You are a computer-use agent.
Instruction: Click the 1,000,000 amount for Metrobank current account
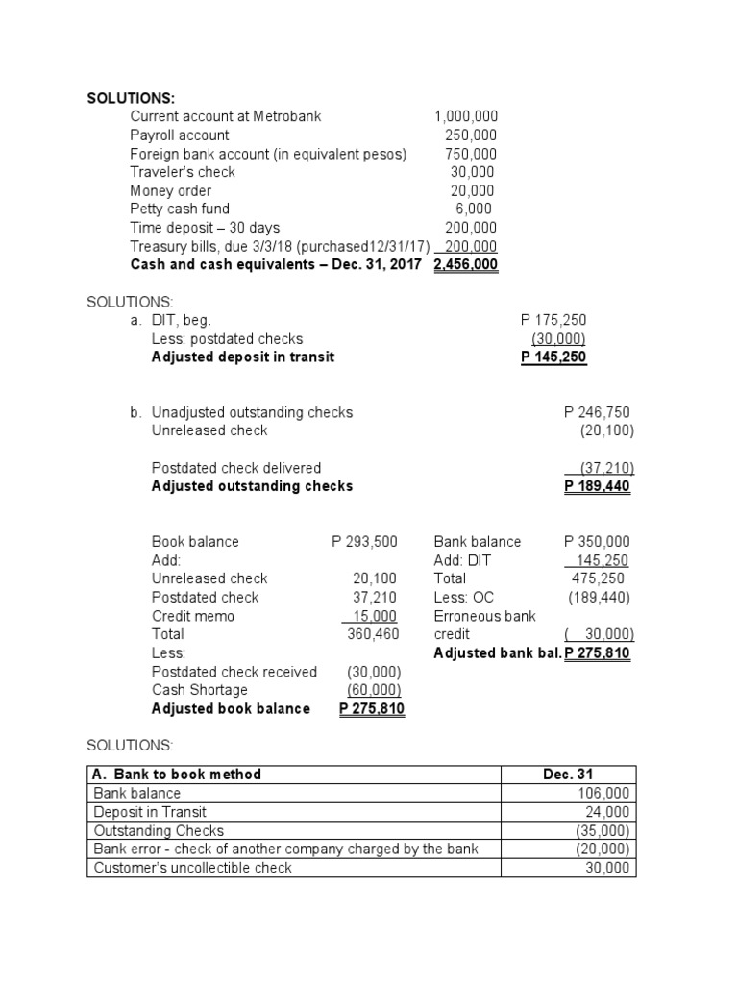pos(466,116)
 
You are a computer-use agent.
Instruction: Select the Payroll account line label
pos(180,135)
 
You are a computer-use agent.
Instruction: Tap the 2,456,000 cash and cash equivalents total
pos(466,264)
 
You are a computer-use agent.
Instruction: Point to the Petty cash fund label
pos(180,209)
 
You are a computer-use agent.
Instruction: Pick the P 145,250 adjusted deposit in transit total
pos(553,357)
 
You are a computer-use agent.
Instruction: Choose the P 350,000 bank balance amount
pos(600,542)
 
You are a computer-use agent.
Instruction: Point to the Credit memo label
pos(193,616)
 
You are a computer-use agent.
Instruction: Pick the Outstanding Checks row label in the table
pos(159,831)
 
